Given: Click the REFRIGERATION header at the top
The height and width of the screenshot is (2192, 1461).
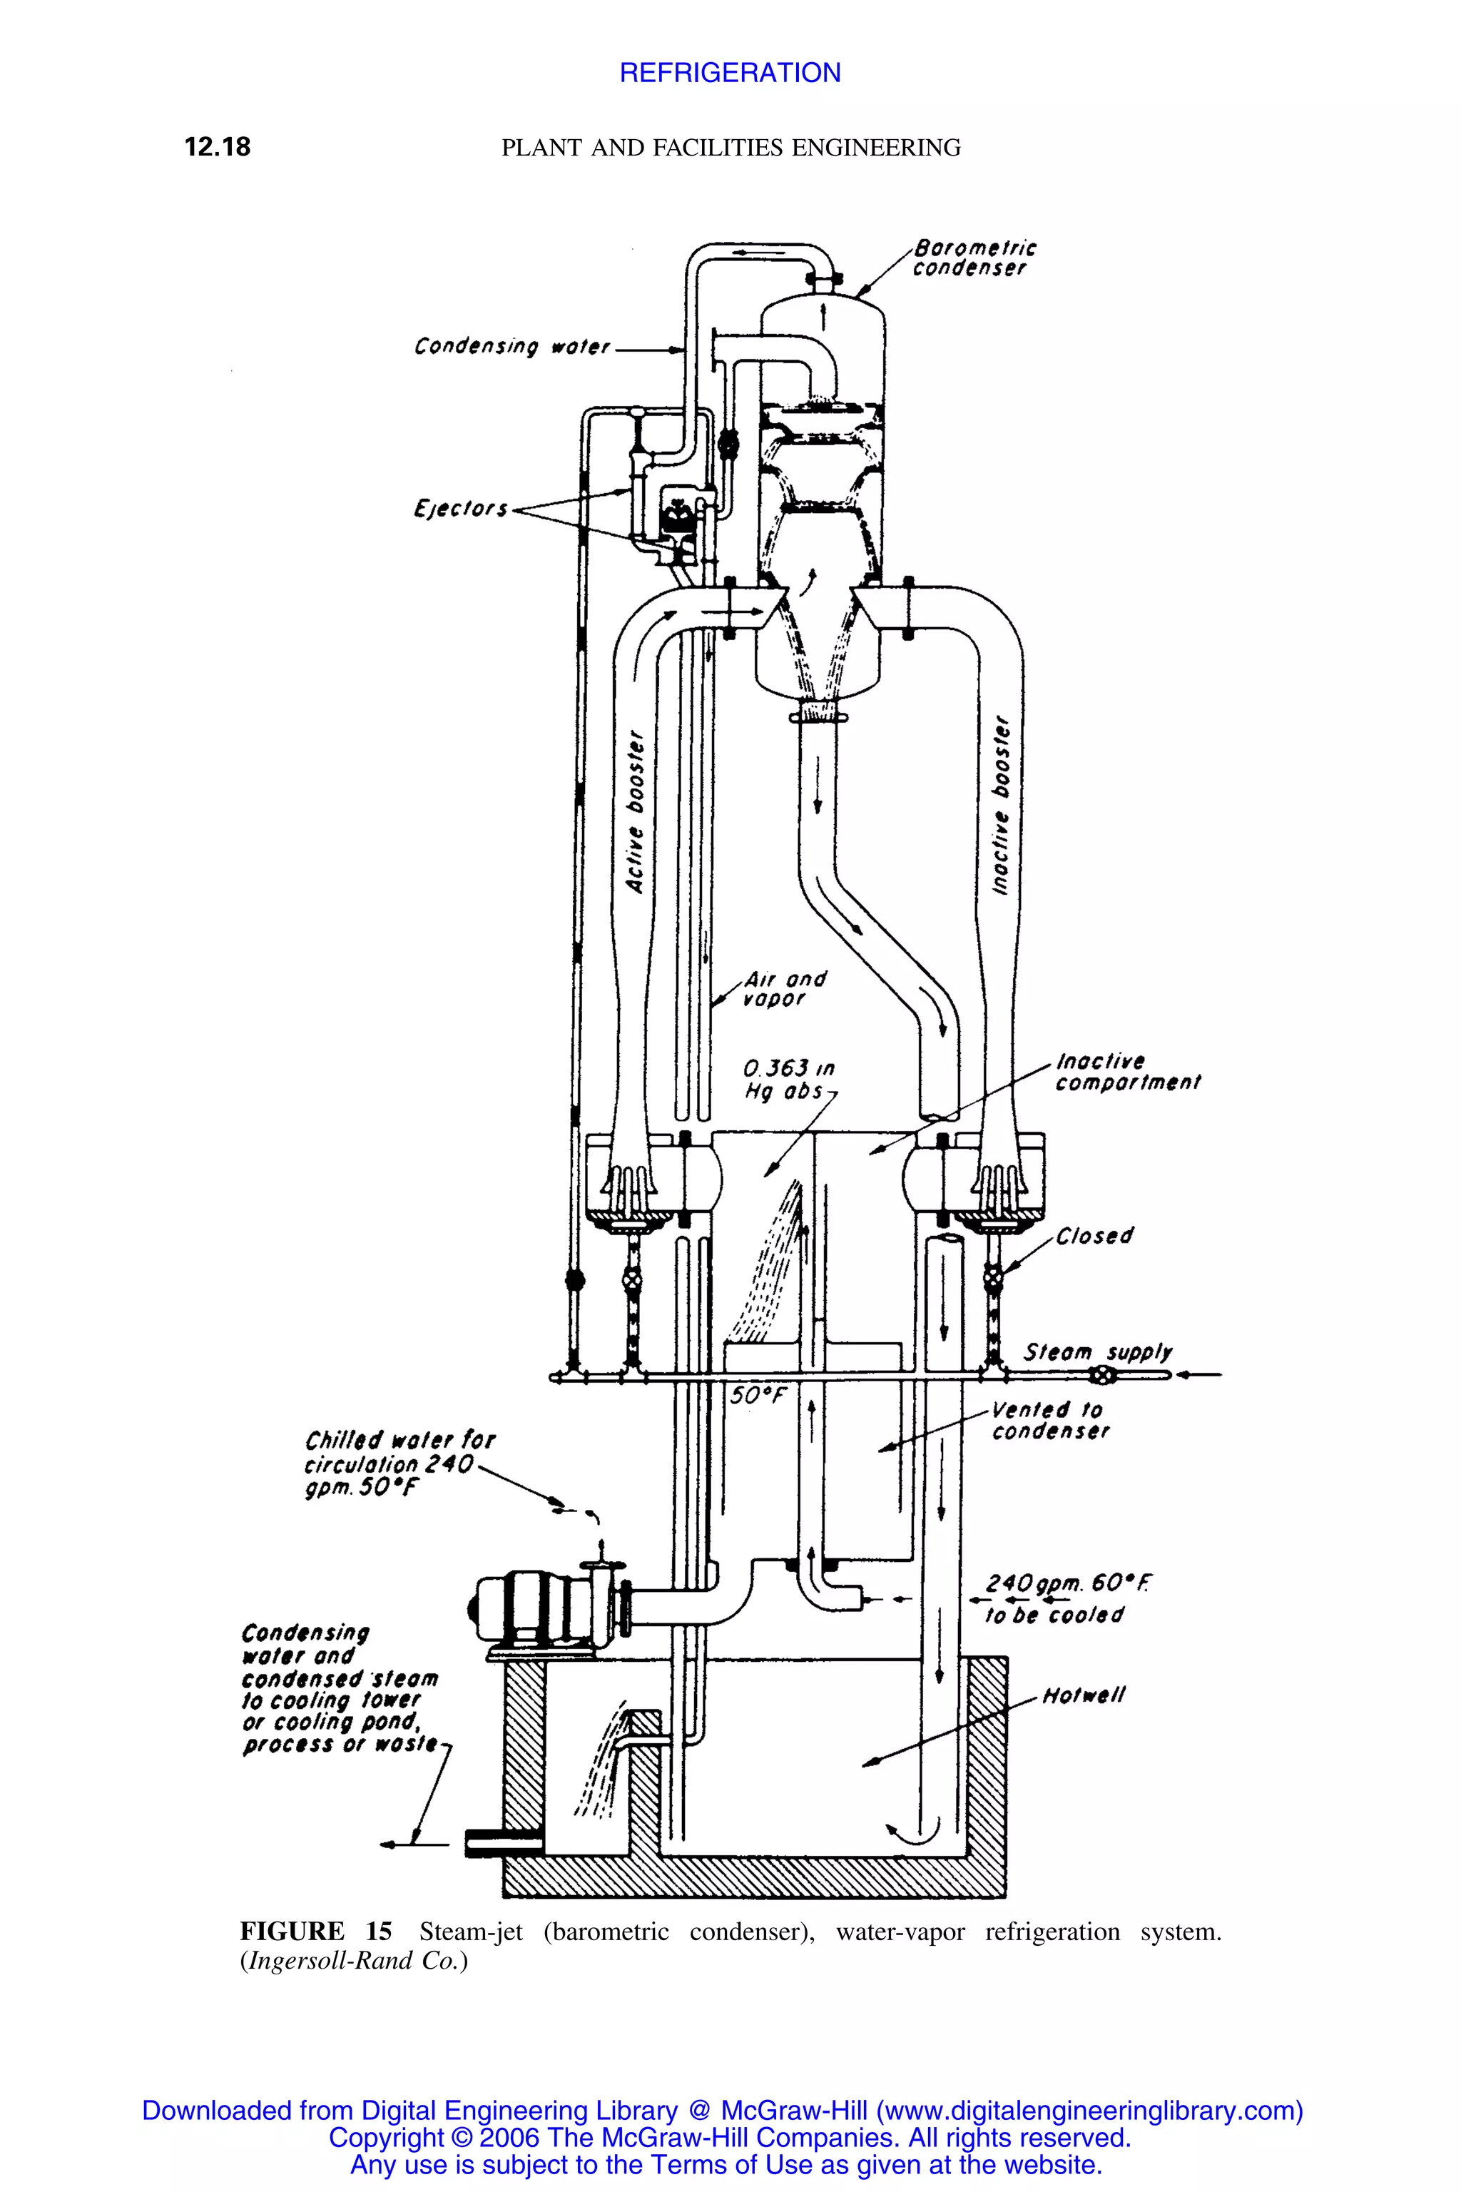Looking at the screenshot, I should pos(730,73).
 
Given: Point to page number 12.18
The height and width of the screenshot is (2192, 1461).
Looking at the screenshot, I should pos(217,147).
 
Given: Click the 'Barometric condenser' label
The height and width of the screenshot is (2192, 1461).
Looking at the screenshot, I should pos(973,258).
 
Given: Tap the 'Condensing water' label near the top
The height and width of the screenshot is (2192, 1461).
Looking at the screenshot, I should pos(511,347).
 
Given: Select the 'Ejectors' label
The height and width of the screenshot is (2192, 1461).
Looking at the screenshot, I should pos(460,509).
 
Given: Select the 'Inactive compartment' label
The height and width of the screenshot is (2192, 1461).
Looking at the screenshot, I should pos(1126,1072).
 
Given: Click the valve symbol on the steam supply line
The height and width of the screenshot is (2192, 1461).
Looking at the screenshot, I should pos(1102,1376).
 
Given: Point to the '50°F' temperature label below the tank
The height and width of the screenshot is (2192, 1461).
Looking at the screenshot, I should pos(758,1395).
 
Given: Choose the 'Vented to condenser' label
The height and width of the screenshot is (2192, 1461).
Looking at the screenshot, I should pos(1050,1421).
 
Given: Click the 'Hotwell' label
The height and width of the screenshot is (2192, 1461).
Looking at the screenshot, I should pos(1084,1695).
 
